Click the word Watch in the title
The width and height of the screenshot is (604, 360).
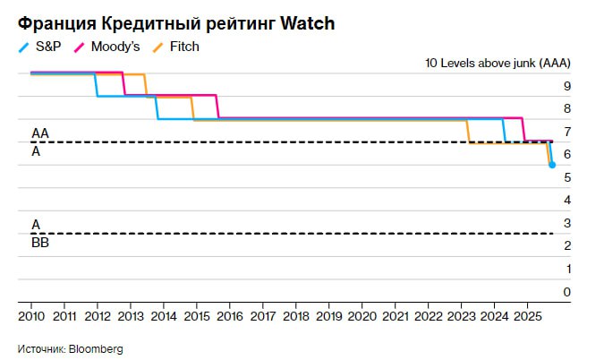[x=308, y=23]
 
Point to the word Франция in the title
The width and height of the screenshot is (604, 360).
[x=52, y=23]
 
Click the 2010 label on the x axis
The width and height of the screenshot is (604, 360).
[x=31, y=316]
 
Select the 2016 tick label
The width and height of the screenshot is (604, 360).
[x=230, y=316]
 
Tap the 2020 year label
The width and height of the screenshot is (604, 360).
[x=362, y=316]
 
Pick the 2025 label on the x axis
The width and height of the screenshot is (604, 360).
[x=528, y=316]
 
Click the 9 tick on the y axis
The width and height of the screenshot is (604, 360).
[x=566, y=86]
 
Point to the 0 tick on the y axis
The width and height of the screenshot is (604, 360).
[x=566, y=292]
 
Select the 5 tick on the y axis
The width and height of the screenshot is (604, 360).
[x=566, y=177]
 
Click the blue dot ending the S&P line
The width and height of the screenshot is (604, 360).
[x=552, y=165]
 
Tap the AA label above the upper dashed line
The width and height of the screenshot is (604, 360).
[x=40, y=133]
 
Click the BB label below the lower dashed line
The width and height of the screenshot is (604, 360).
[x=40, y=243]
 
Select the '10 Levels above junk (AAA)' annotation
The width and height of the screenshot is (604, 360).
[x=497, y=64]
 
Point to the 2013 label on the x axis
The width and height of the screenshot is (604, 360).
[x=131, y=316]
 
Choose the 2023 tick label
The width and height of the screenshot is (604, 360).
[x=462, y=316]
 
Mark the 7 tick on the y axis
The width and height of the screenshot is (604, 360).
[x=566, y=132]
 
